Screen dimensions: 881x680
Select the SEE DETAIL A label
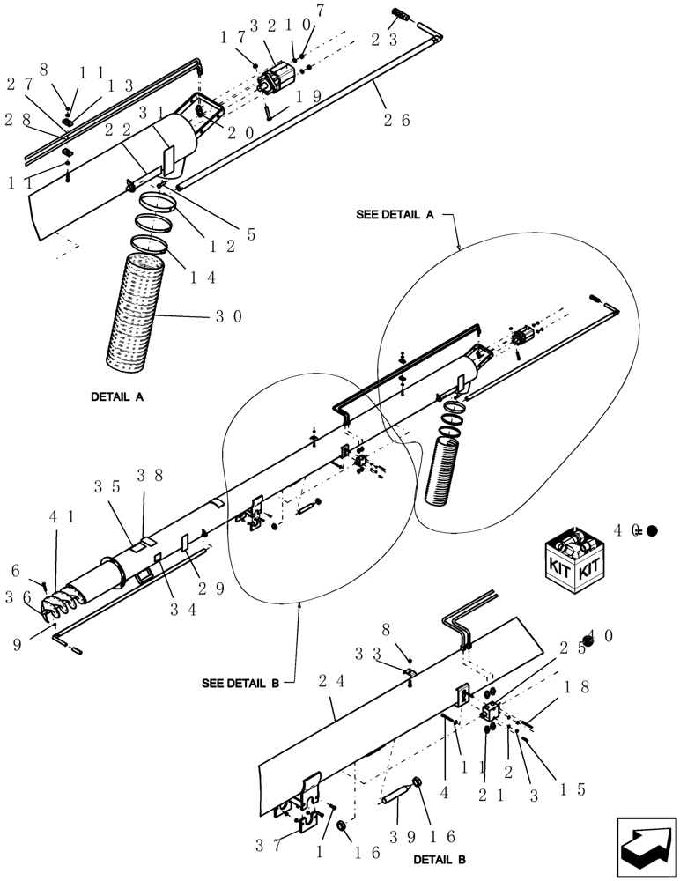[395, 215]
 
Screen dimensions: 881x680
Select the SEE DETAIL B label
[240, 683]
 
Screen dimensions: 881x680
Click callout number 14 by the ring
[203, 275]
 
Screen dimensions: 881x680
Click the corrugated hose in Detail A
[136, 310]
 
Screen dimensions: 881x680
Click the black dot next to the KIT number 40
[652, 530]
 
